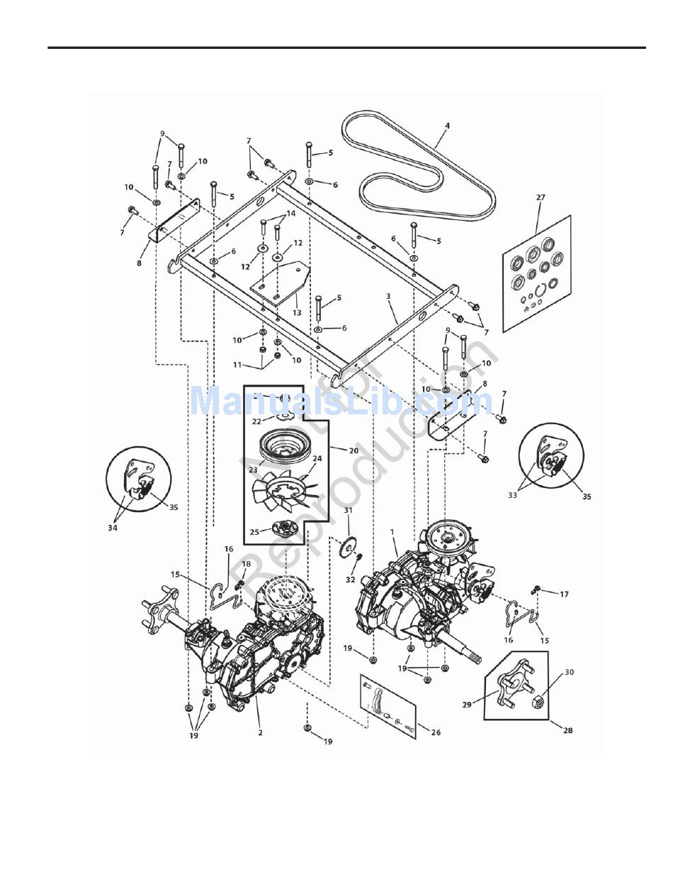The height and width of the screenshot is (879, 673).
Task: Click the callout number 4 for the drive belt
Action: click(x=447, y=126)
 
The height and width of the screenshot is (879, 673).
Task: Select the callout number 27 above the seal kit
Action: click(x=541, y=198)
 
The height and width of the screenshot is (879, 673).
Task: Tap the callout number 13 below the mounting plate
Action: click(x=296, y=312)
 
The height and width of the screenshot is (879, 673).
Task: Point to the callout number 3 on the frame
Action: click(x=388, y=297)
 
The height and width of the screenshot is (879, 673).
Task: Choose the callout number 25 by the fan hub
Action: click(x=254, y=532)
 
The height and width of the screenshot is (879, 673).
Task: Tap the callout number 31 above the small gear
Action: click(x=349, y=511)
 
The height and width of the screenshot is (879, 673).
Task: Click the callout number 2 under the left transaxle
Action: click(x=260, y=732)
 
